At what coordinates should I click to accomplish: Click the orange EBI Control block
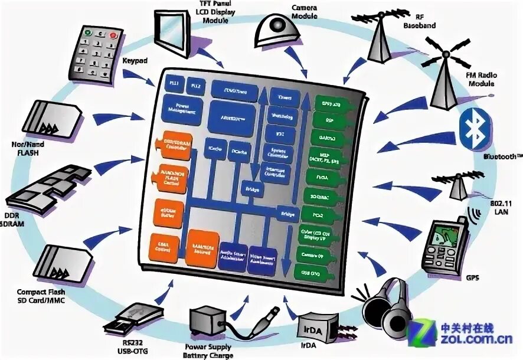pos(166,247)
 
